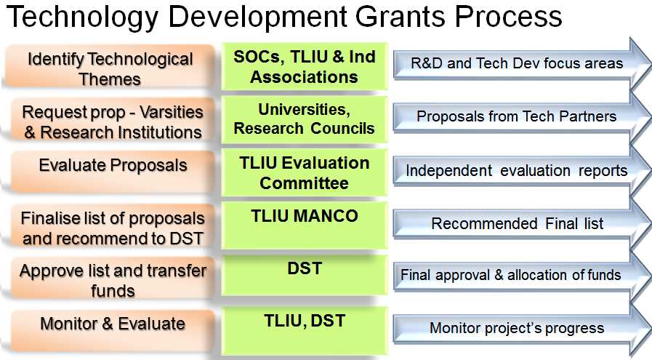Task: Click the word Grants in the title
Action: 402,16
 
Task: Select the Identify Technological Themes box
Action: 110,66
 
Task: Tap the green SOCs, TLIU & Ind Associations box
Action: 305,67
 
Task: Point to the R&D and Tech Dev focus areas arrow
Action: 523,64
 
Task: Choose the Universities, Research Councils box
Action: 305,119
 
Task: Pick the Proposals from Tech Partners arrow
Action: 523,117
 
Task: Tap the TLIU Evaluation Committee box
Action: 305,172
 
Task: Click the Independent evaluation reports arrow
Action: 523,171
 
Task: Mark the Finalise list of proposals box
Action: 112,226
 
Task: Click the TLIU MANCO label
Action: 305,216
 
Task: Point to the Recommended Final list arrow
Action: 523,224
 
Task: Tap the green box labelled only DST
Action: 305,275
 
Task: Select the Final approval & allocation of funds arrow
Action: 523,275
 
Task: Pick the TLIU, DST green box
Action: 305,331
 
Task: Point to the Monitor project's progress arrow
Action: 523,329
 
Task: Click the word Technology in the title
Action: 82,17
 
